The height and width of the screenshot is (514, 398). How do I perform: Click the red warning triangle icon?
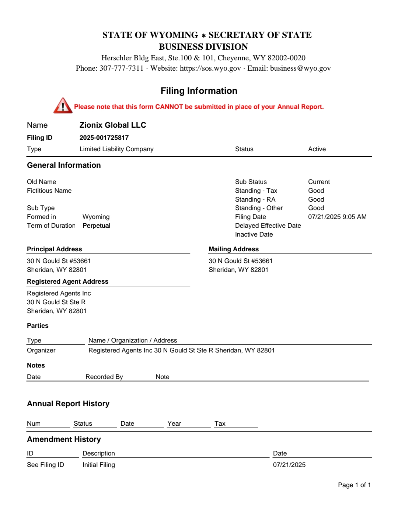[x=63, y=106]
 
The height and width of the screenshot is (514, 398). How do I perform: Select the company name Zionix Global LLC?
[x=113, y=125]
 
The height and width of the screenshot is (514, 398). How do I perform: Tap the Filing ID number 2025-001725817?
[x=104, y=138]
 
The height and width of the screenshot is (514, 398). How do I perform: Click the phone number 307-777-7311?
[x=121, y=68]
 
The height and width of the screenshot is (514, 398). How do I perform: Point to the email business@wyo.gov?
[x=300, y=68]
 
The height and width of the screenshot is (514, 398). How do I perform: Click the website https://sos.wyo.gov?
[x=210, y=68]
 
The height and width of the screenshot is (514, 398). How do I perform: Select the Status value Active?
[x=317, y=149]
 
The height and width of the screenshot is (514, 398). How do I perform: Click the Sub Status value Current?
[x=319, y=182]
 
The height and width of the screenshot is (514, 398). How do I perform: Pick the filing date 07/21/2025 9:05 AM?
[x=337, y=217]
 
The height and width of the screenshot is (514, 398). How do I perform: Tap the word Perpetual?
[x=96, y=226]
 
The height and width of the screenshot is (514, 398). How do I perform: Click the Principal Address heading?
[x=55, y=249]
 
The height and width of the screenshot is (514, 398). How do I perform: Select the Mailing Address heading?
[x=234, y=249]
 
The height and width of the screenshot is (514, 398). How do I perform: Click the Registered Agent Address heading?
[x=67, y=281]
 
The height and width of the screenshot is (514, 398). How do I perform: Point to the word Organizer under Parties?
[x=41, y=350]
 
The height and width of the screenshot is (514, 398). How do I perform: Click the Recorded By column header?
[x=104, y=377]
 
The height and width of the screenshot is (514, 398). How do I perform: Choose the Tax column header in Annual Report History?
[x=220, y=423]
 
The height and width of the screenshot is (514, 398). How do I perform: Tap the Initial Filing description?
[x=98, y=465]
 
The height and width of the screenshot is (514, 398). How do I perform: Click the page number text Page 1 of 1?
[x=354, y=485]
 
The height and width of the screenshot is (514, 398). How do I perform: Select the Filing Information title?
[x=199, y=91]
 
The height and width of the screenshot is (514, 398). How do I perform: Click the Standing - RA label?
[x=255, y=199]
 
